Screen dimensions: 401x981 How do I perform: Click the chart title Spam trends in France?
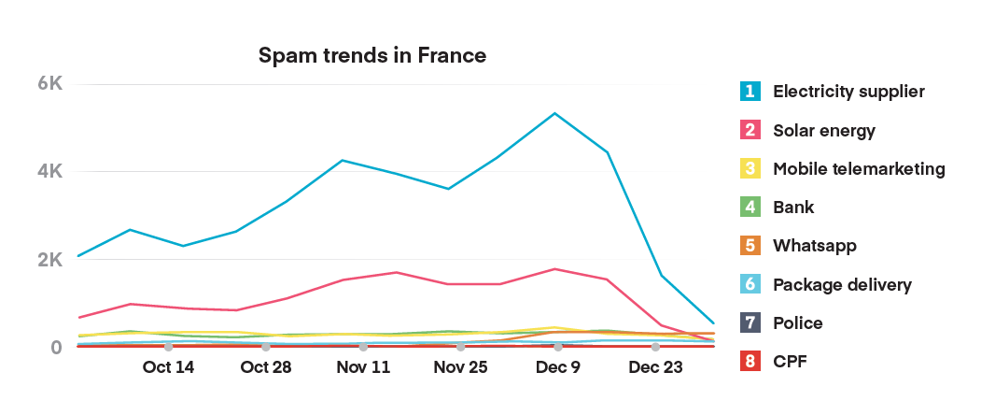click(x=372, y=55)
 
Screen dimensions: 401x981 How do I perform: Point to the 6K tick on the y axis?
click(x=49, y=83)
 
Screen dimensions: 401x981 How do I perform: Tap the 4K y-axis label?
click(x=49, y=172)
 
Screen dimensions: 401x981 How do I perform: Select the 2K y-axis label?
click(x=49, y=260)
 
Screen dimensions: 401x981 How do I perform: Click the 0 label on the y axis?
click(x=56, y=348)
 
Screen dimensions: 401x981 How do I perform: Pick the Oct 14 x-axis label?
click(x=168, y=367)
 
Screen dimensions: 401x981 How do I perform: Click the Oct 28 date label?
click(x=266, y=367)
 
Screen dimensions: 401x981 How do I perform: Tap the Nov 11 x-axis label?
click(x=363, y=367)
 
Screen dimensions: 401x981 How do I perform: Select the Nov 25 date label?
click(x=460, y=367)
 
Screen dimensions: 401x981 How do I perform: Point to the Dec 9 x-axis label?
click(x=558, y=367)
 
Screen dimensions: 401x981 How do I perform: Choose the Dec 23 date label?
click(x=655, y=367)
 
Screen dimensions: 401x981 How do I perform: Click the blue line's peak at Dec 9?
click(x=555, y=113)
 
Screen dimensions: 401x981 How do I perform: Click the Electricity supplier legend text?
click(x=848, y=92)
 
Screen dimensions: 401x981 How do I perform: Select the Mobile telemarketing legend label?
click(x=859, y=169)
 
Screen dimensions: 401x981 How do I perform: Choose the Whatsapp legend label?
click(x=815, y=246)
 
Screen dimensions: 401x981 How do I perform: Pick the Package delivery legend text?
click(x=842, y=284)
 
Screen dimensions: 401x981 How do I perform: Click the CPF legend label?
click(x=789, y=361)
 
